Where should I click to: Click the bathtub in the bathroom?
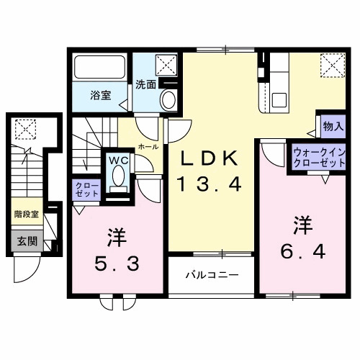click(101, 69)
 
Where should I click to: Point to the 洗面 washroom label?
click(145, 84)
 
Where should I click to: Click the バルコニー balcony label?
click(211, 274)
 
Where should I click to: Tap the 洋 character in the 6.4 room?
click(300, 224)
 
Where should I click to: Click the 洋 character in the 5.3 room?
click(115, 236)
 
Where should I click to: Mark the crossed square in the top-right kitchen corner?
click(333, 66)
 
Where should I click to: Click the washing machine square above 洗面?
click(167, 65)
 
